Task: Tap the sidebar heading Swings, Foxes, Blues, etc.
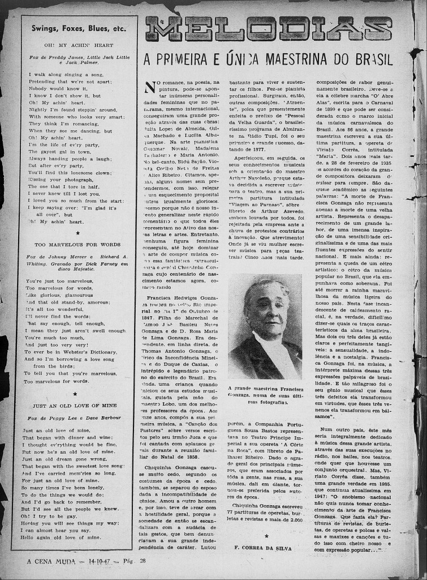79,28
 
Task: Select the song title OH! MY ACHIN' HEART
79,45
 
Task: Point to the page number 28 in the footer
143,561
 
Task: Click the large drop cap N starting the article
150,87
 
